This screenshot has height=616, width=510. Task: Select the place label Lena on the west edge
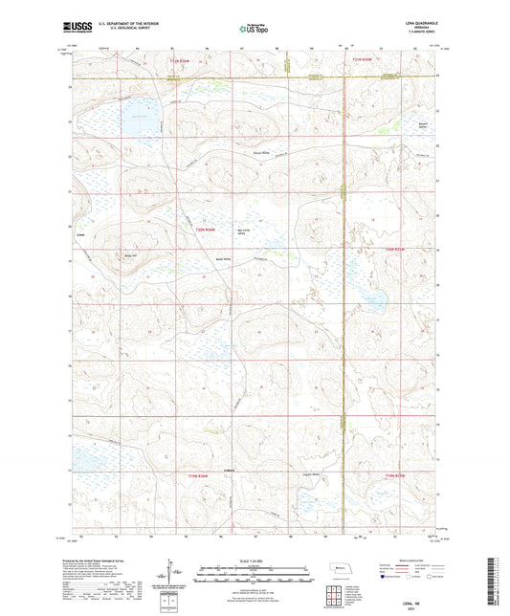[x=80, y=231]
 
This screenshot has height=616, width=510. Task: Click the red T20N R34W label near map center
[x=206, y=244]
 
